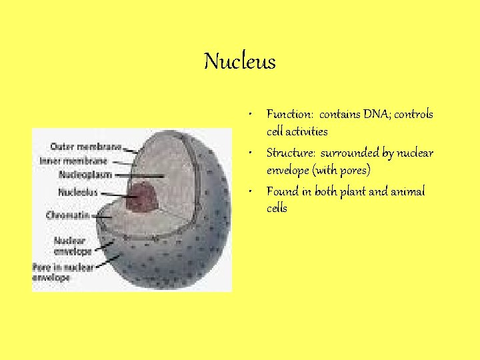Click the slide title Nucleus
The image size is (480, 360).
click(x=239, y=62)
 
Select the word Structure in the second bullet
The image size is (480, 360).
click(x=287, y=153)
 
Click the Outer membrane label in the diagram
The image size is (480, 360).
click(x=85, y=147)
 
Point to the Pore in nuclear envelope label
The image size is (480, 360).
click(x=63, y=272)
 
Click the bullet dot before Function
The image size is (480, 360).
click(x=247, y=115)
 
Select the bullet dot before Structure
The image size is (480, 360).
click(x=247, y=153)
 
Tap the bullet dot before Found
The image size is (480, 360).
click(x=247, y=192)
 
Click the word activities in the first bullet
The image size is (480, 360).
click(x=307, y=131)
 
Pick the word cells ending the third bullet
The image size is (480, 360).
click(x=277, y=209)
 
